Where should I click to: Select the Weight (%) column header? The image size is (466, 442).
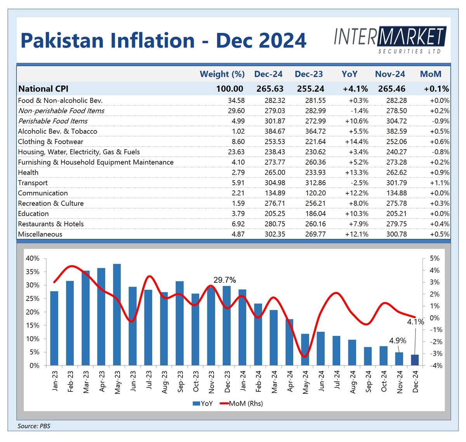tap(222, 74)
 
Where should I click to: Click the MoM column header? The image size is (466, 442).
tap(431, 74)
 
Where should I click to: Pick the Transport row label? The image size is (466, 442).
tap(33, 183)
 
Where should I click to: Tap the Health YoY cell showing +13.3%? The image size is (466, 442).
tap(356, 172)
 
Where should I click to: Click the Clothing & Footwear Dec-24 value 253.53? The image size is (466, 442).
tap(275, 142)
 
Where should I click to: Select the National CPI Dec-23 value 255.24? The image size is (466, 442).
tap(310, 89)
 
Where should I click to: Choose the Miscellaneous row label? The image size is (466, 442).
tap(40, 234)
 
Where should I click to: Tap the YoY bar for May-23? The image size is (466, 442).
tap(117, 315)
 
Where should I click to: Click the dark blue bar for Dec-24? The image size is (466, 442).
tap(415, 360)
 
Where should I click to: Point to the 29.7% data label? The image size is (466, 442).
tap(224, 280)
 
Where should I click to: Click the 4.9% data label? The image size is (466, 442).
tap(398, 341)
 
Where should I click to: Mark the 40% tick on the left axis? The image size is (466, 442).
tap(33, 259)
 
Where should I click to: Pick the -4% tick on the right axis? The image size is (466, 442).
tap(434, 365)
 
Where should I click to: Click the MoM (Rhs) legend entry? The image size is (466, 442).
tap(242, 404)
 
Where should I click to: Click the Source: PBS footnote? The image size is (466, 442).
tap(34, 426)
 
